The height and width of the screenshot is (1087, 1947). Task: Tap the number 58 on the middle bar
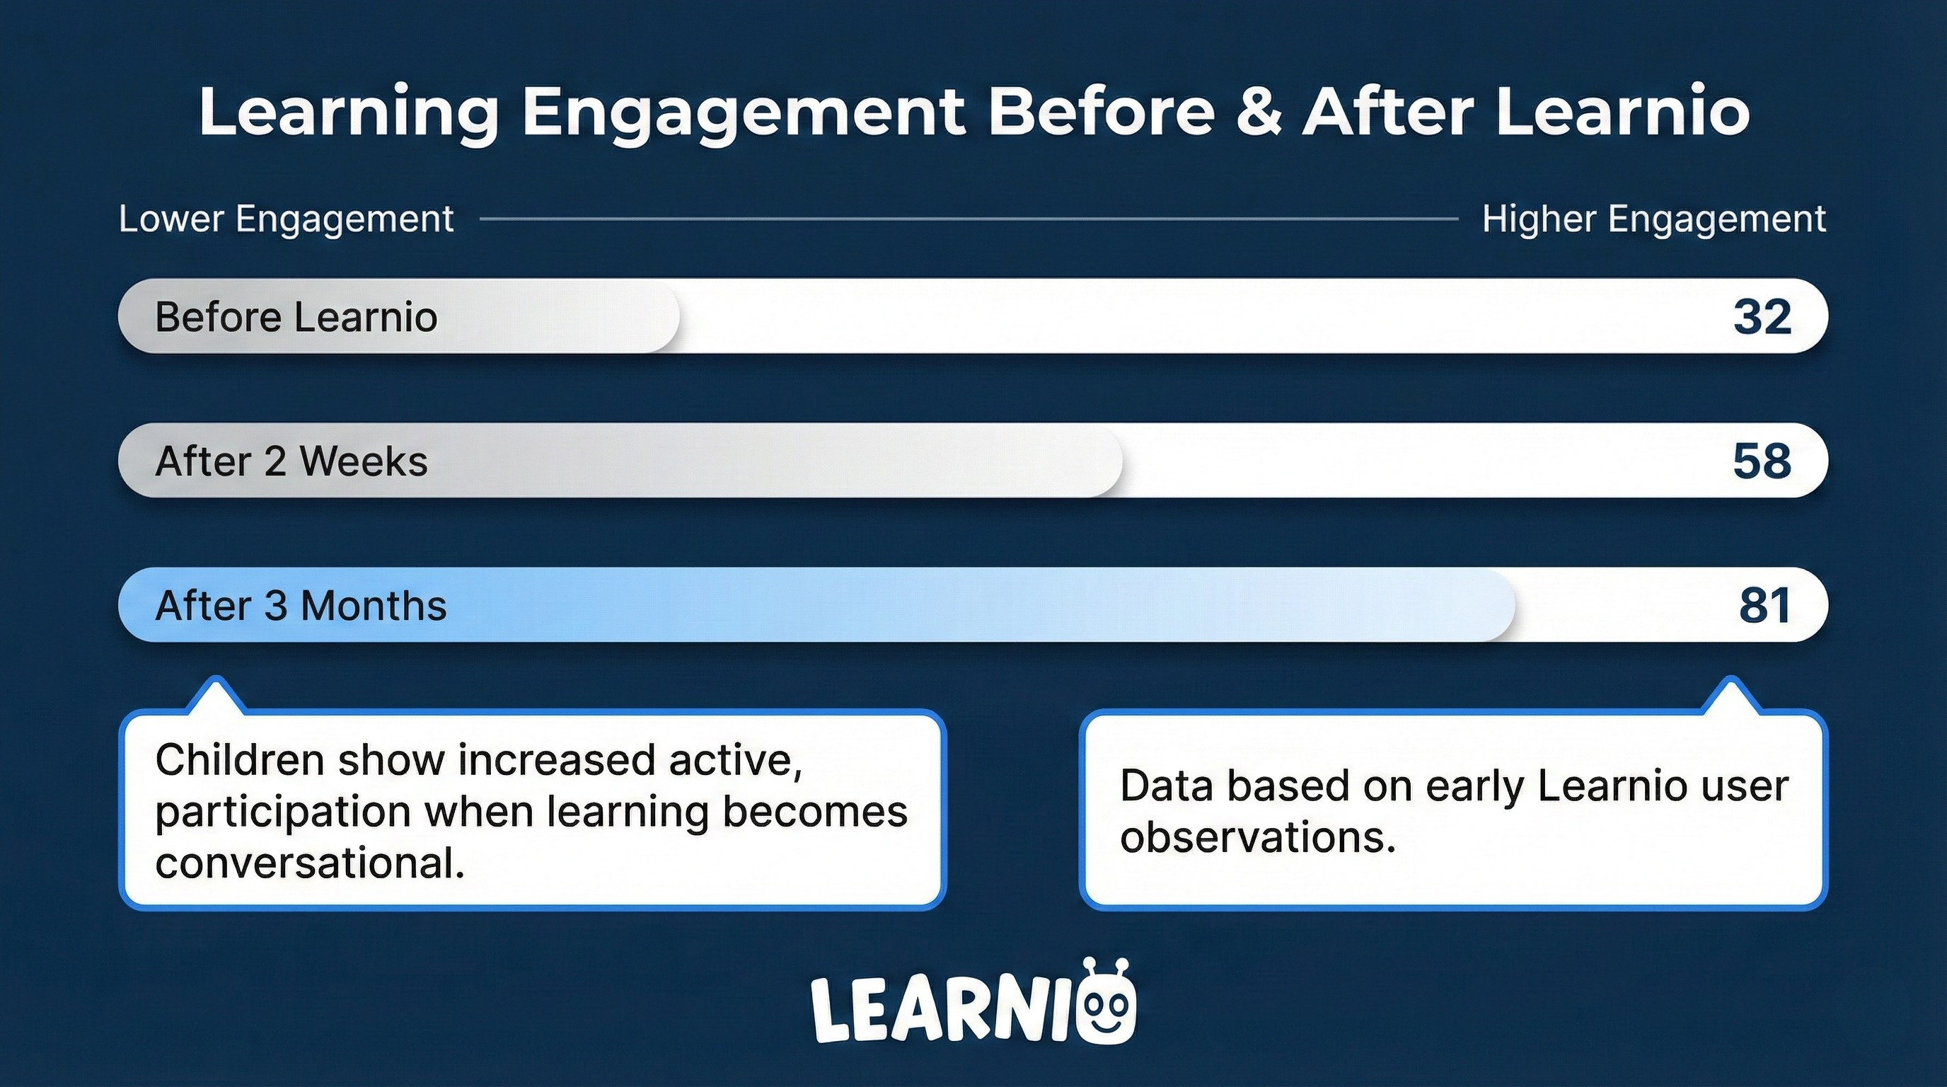coord(1762,461)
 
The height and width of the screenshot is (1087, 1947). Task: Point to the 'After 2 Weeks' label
coord(291,461)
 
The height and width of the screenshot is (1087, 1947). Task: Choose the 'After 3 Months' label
coord(301,606)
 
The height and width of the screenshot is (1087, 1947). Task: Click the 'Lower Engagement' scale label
coord(287,219)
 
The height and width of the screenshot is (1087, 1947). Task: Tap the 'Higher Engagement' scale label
coord(1653,219)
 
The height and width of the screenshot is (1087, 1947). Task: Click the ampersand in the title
coord(1259,112)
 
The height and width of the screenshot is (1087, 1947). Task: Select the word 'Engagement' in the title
coord(744,113)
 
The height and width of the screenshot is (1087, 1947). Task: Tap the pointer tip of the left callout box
coord(216,678)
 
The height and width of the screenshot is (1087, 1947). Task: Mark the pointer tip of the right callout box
coord(1731,678)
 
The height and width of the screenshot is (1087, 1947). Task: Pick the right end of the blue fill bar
coord(1515,605)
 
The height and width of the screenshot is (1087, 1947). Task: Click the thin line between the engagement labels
coord(969,219)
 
